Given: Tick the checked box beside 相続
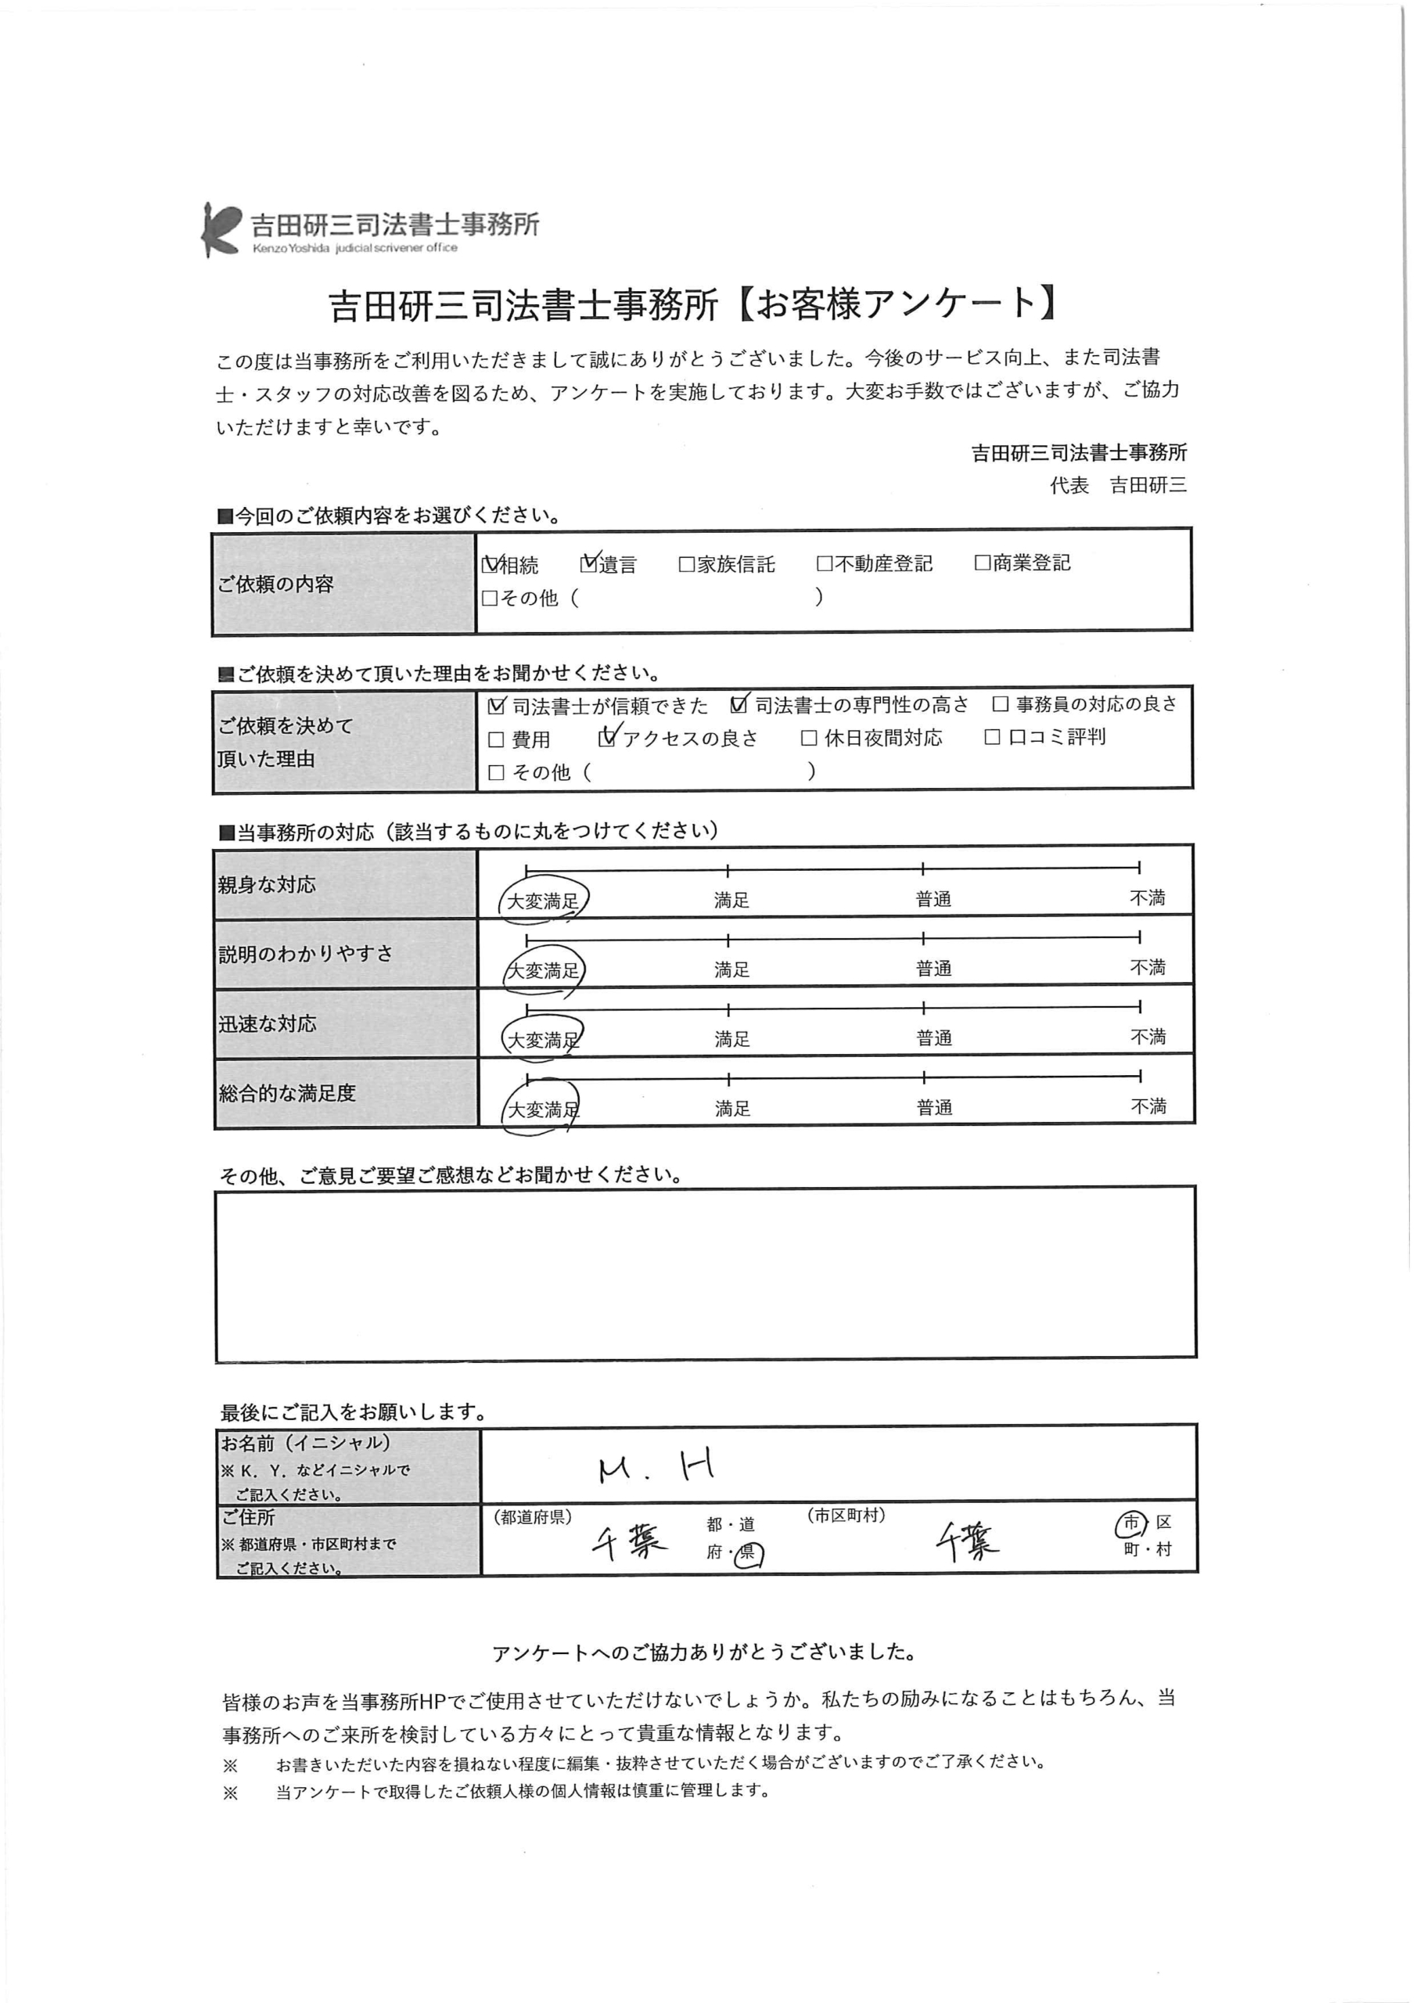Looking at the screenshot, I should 491,564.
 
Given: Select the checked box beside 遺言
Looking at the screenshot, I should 589,563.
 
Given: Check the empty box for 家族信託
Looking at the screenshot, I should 687,564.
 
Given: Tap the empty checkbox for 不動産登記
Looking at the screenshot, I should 825,563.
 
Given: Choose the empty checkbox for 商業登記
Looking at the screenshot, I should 983,563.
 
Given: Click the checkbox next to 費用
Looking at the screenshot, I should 497,740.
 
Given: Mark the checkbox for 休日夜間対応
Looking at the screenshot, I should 809,738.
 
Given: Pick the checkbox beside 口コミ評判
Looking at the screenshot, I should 992,737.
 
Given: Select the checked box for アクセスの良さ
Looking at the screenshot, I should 607,739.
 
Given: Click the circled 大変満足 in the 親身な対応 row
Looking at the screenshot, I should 543,901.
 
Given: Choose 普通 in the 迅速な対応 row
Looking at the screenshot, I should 933,1038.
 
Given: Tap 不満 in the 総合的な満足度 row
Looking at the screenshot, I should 1148,1106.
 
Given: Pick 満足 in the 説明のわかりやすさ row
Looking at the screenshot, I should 731,969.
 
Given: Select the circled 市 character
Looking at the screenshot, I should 1130,1523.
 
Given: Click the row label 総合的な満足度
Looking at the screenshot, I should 287,1093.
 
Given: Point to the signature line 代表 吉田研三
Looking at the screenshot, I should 1118,486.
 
